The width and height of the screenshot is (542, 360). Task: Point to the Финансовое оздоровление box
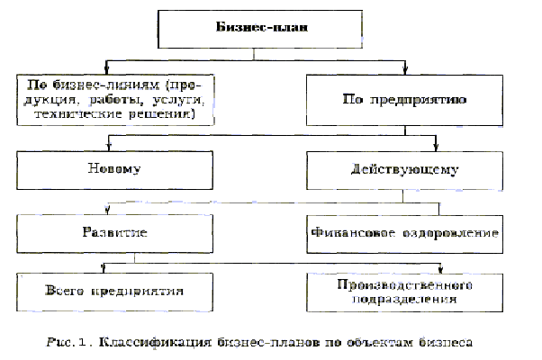[404, 232]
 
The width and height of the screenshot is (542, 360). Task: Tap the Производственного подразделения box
[404, 290]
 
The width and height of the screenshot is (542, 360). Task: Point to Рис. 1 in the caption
[74, 341]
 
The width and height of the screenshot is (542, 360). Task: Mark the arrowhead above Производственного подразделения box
[441, 267]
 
